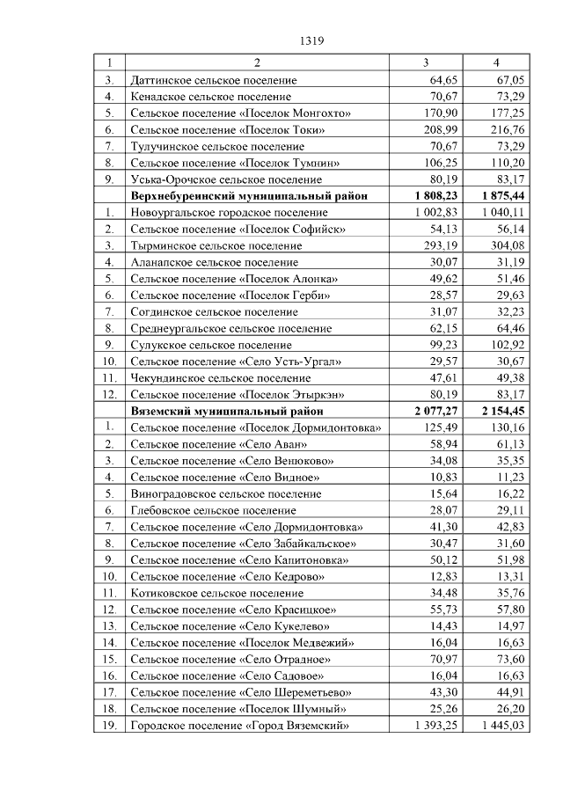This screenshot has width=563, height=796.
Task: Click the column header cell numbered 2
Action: [x=257, y=63]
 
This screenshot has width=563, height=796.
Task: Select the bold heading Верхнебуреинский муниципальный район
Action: [x=248, y=196]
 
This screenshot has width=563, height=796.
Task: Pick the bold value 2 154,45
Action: [x=502, y=411]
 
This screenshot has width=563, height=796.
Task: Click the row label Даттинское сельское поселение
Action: [x=213, y=79]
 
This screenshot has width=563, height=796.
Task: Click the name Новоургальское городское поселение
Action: [x=229, y=213]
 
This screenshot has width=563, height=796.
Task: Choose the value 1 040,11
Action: [x=504, y=213]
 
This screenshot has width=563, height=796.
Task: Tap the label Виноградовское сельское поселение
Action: [x=224, y=494]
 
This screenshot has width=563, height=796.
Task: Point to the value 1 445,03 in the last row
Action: [x=504, y=725]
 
